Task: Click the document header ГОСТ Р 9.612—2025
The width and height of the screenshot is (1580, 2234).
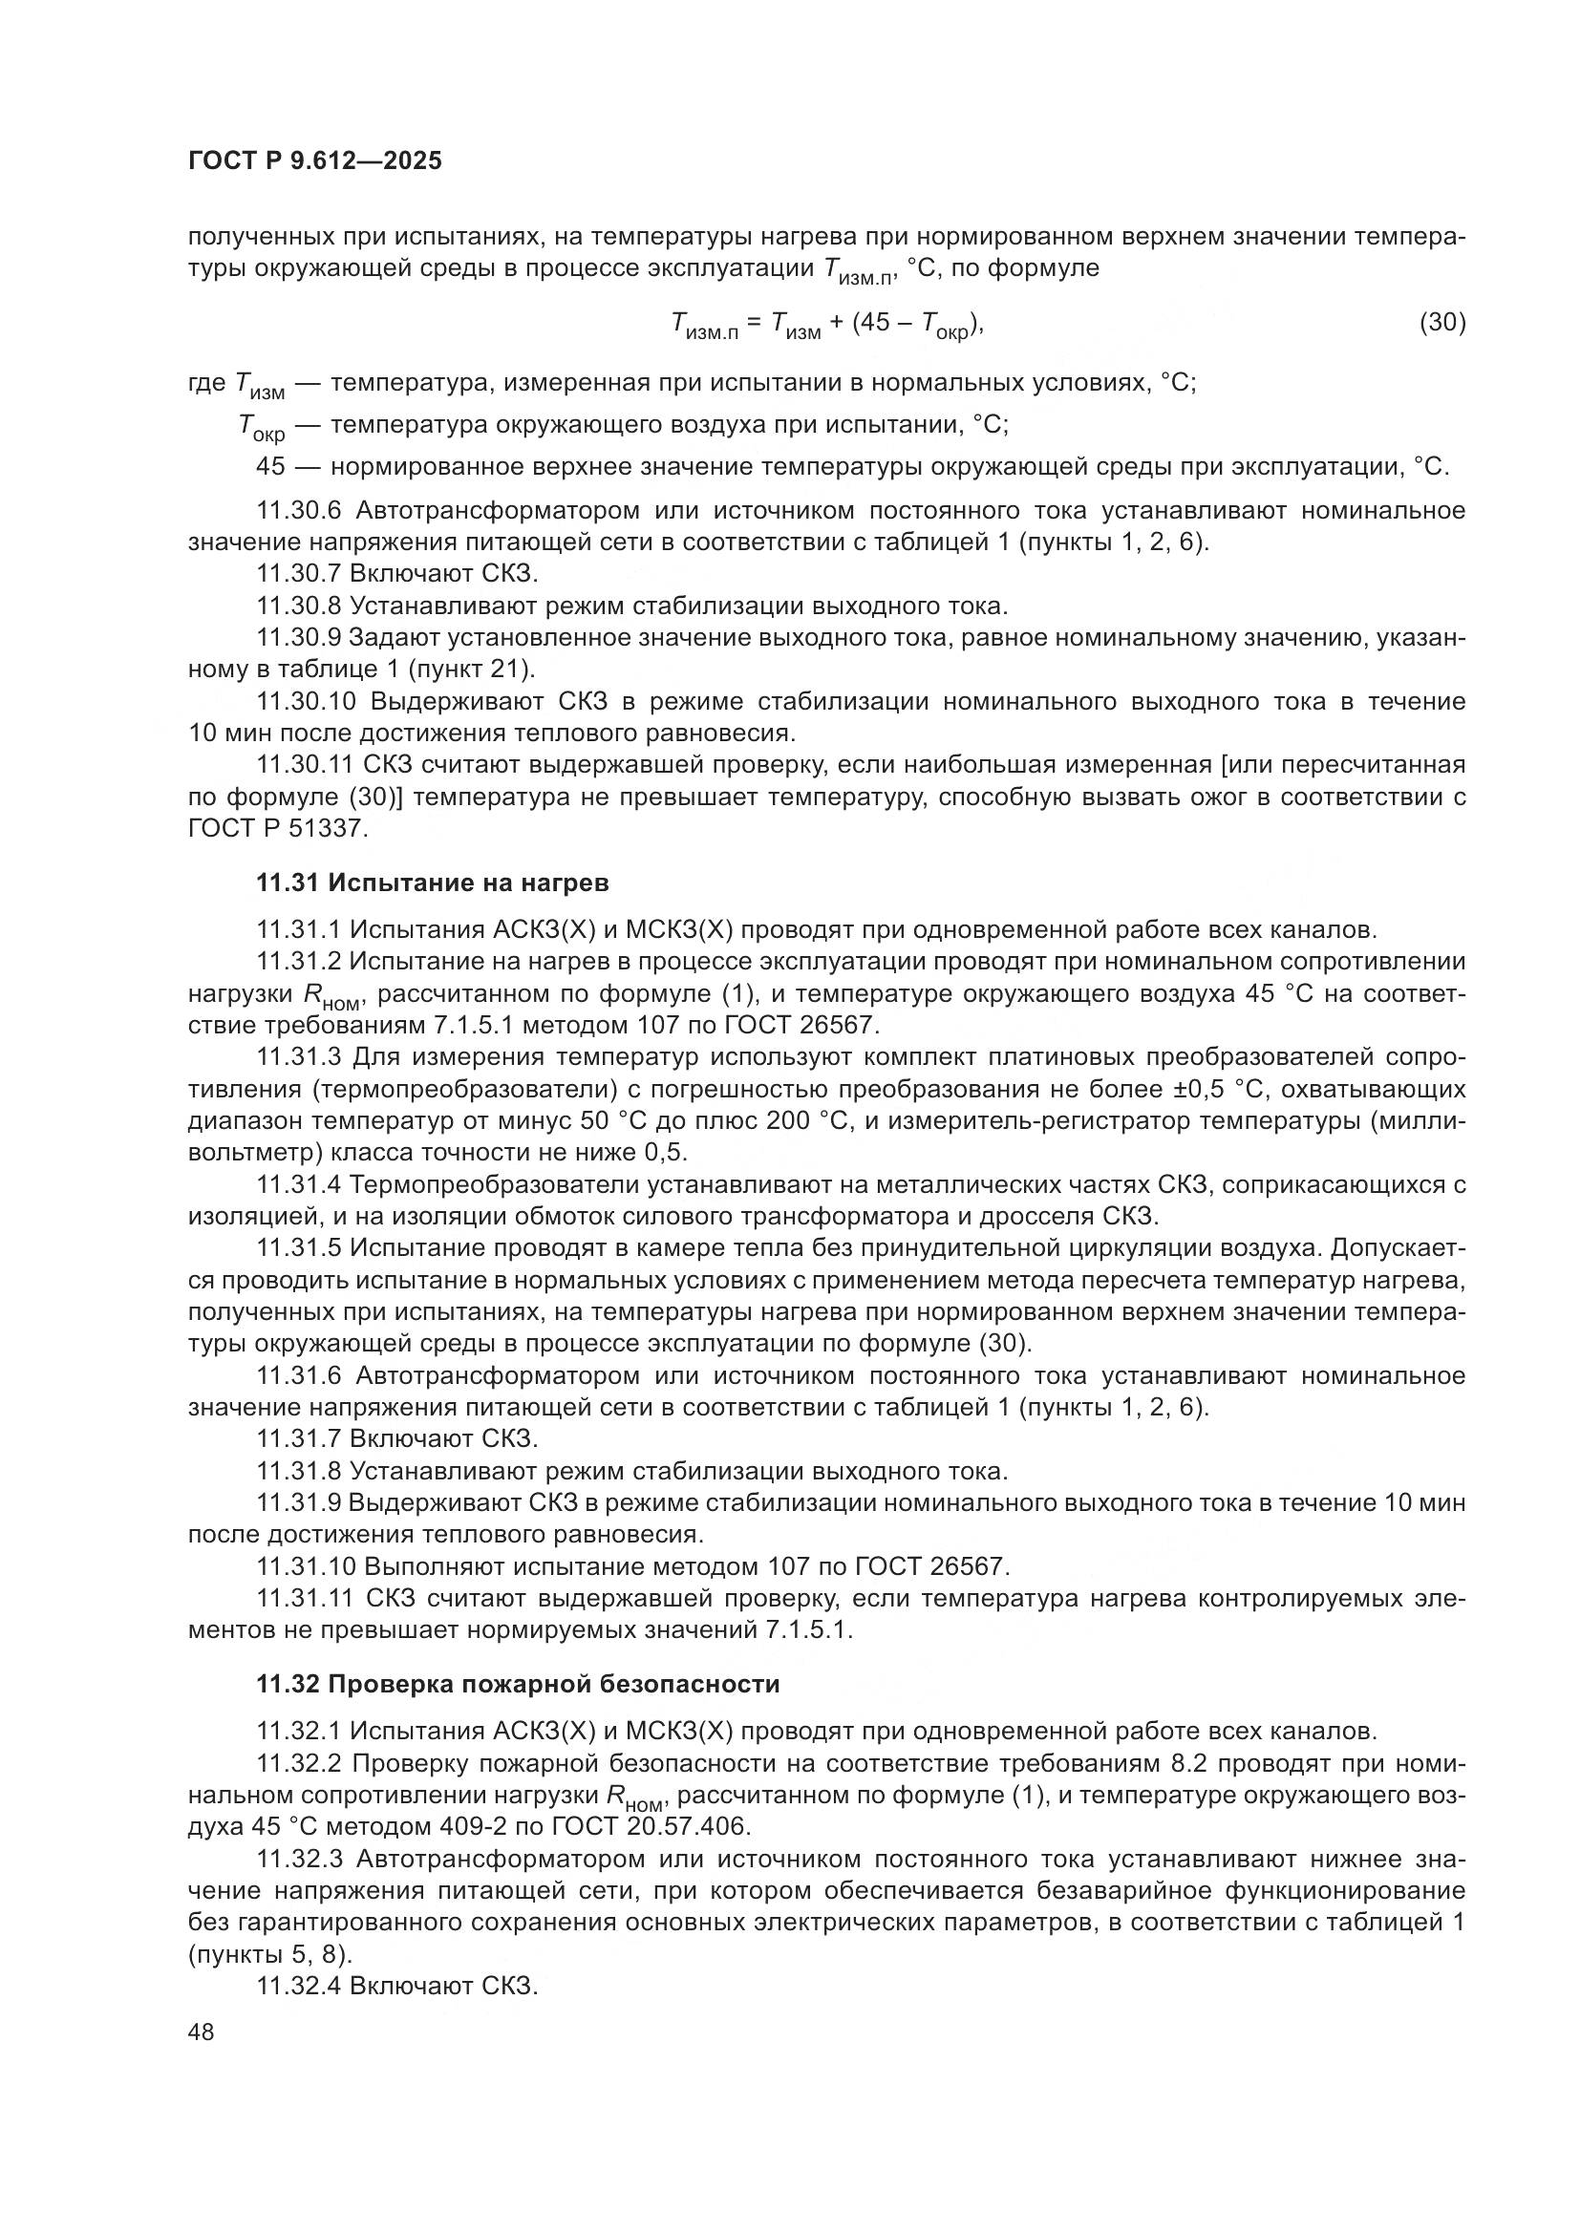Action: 314,160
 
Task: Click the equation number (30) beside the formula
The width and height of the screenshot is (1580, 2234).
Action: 1442,322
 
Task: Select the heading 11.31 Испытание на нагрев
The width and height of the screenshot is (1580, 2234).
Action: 433,883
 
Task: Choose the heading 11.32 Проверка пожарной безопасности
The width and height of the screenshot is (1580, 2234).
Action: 518,1684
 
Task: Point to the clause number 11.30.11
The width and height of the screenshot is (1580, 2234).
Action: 305,766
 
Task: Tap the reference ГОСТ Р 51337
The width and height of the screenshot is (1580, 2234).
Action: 277,829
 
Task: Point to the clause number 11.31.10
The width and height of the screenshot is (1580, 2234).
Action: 305,1566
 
